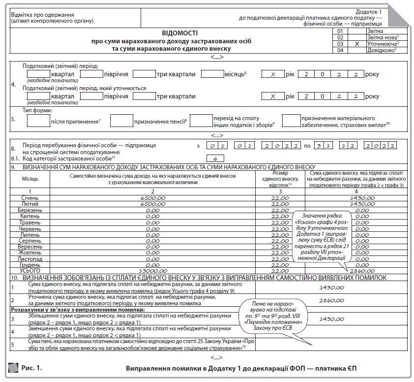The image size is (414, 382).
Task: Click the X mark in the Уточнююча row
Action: tap(357, 43)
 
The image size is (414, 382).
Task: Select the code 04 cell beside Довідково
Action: tap(339, 50)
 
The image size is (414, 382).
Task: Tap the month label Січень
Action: tap(30, 197)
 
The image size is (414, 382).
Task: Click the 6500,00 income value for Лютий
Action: tap(152, 204)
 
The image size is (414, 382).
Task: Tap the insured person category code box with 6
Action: tap(216, 158)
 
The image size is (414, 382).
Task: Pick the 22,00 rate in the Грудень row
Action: tap(280, 264)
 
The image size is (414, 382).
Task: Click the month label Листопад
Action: tap(30, 258)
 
